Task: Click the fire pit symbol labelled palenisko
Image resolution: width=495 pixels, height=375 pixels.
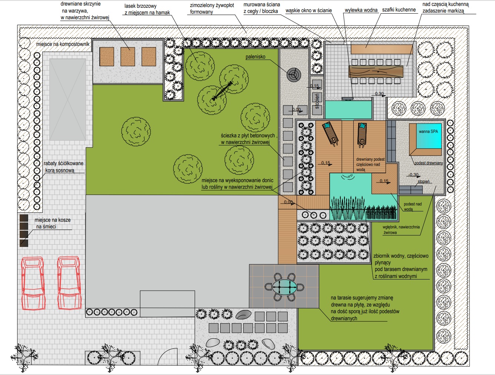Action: click(x=294, y=75)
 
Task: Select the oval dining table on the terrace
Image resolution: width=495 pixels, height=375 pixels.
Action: click(x=284, y=287)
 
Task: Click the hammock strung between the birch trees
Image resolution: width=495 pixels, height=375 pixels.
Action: click(x=222, y=90)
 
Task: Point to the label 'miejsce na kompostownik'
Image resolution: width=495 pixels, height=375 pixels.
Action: click(x=63, y=44)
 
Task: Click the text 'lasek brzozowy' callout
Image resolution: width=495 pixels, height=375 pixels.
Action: click(x=140, y=6)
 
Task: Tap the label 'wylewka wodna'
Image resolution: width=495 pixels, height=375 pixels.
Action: click(x=361, y=10)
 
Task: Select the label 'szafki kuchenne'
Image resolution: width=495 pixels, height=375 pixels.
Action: click(x=399, y=10)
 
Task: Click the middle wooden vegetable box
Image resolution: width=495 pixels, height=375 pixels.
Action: click(x=128, y=57)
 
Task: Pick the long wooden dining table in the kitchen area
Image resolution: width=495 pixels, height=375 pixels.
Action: click(x=376, y=71)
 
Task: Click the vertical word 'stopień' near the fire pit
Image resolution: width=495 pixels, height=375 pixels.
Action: click(x=317, y=101)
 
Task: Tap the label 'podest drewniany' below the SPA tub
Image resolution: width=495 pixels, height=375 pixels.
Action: click(x=429, y=163)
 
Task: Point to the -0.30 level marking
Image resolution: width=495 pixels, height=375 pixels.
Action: click(x=413, y=175)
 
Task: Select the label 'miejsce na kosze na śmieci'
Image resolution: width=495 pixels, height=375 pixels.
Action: click(x=53, y=223)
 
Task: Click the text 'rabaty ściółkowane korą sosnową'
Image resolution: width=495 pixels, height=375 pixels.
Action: click(x=63, y=167)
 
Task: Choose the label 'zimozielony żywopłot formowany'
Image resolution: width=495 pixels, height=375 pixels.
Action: click(x=212, y=9)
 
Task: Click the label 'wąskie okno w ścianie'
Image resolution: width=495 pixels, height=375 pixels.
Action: click(x=308, y=10)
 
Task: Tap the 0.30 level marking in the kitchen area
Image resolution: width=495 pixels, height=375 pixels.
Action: click(x=379, y=94)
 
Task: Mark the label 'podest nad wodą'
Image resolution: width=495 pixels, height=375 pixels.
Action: click(x=412, y=207)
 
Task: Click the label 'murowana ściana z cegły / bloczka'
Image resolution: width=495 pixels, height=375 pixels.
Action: click(x=262, y=8)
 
